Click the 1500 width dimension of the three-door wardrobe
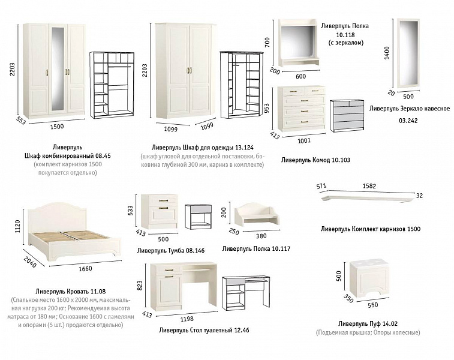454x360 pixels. [x=57, y=126]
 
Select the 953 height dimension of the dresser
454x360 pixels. [x=267, y=109]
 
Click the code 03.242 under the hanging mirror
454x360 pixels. [x=408, y=121]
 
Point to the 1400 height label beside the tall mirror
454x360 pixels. [x=387, y=53]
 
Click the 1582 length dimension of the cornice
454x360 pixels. [x=369, y=186]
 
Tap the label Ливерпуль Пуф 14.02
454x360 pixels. [x=368, y=324]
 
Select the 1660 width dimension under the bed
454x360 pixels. [x=85, y=269]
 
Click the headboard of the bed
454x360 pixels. [x=58, y=217]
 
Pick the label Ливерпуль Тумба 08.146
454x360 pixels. [x=170, y=251]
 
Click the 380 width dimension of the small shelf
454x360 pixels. [x=261, y=236]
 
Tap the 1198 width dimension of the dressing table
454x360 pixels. [x=187, y=319]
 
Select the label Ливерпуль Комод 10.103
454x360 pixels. [x=315, y=160]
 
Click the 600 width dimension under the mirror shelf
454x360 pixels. [x=301, y=76]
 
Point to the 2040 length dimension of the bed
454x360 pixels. [x=30, y=262]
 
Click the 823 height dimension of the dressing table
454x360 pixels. [x=140, y=285]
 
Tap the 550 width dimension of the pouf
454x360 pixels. [x=373, y=305]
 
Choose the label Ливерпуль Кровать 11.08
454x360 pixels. [x=71, y=292]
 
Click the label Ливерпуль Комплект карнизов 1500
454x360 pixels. [x=371, y=229]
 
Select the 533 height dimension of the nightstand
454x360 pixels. [x=130, y=211]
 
